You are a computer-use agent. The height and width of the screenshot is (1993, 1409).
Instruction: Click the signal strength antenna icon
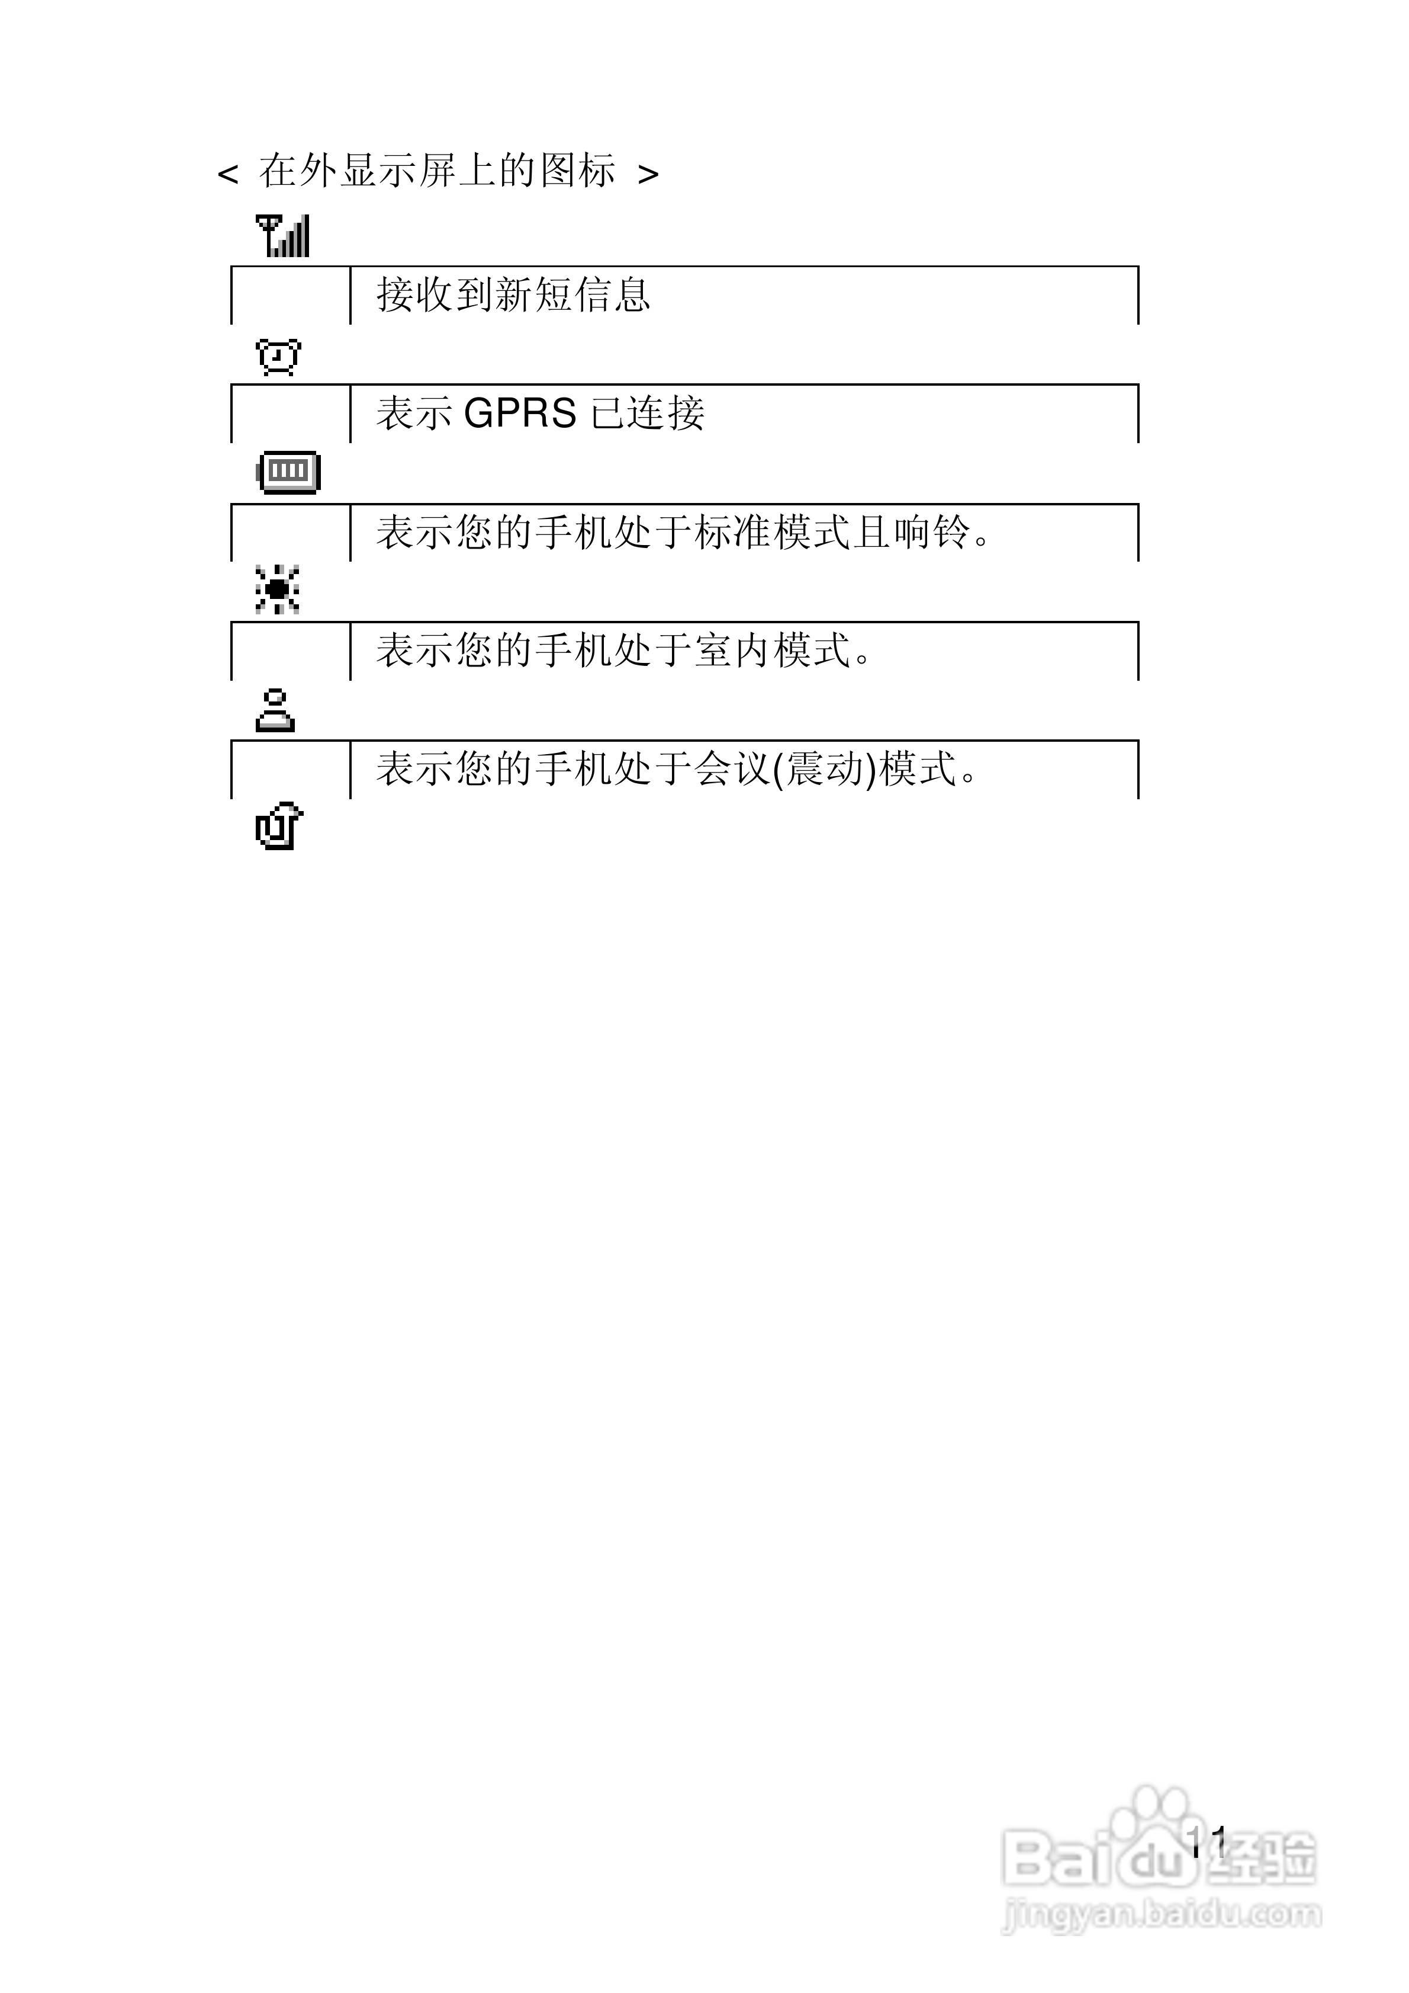pyautogui.click(x=283, y=236)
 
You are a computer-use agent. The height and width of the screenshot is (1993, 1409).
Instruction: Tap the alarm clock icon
pyautogui.click(x=278, y=356)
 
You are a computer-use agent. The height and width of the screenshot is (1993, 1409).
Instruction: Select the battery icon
pyautogui.click(x=289, y=472)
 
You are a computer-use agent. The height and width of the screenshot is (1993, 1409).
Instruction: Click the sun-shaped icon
pyautogui.click(x=278, y=589)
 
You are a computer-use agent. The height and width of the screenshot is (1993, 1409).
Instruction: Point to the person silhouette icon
pyautogui.click(x=275, y=711)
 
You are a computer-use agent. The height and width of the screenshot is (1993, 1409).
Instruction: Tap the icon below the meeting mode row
pyautogui.click(x=278, y=827)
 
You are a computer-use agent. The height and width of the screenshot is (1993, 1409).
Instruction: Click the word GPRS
pyautogui.click(x=520, y=413)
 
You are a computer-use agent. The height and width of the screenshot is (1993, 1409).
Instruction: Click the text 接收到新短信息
pyautogui.click(x=513, y=295)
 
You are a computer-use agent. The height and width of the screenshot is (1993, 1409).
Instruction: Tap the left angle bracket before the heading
pyautogui.click(x=227, y=174)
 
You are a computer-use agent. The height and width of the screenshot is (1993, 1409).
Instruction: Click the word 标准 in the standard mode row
pyautogui.click(x=733, y=532)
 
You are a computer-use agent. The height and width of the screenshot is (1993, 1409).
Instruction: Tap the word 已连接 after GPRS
pyautogui.click(x=647, y=413)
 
